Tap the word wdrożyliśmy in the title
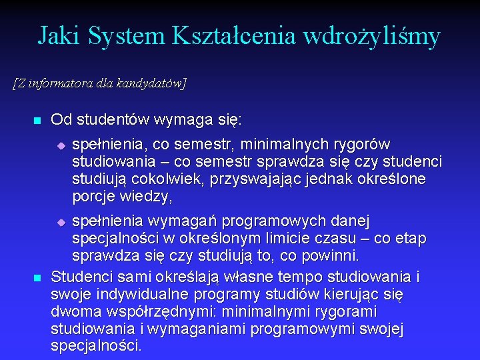(x=371, y=36)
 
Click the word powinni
(x=331, y=256)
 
